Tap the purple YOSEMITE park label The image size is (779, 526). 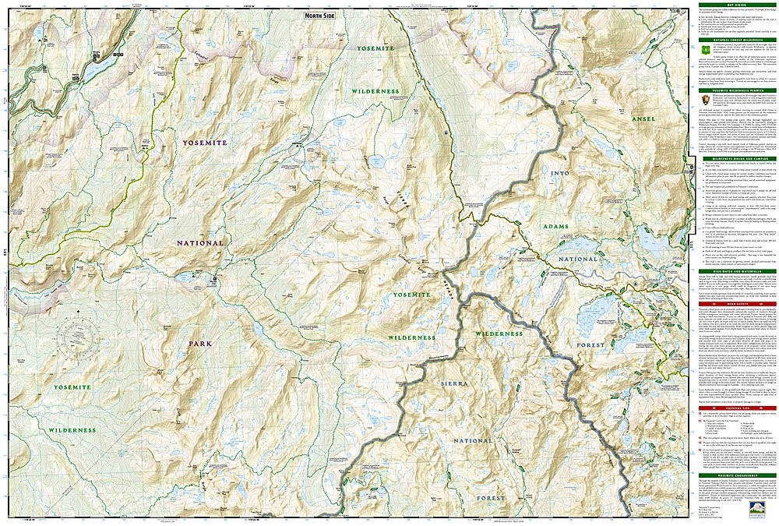(204, 143)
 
